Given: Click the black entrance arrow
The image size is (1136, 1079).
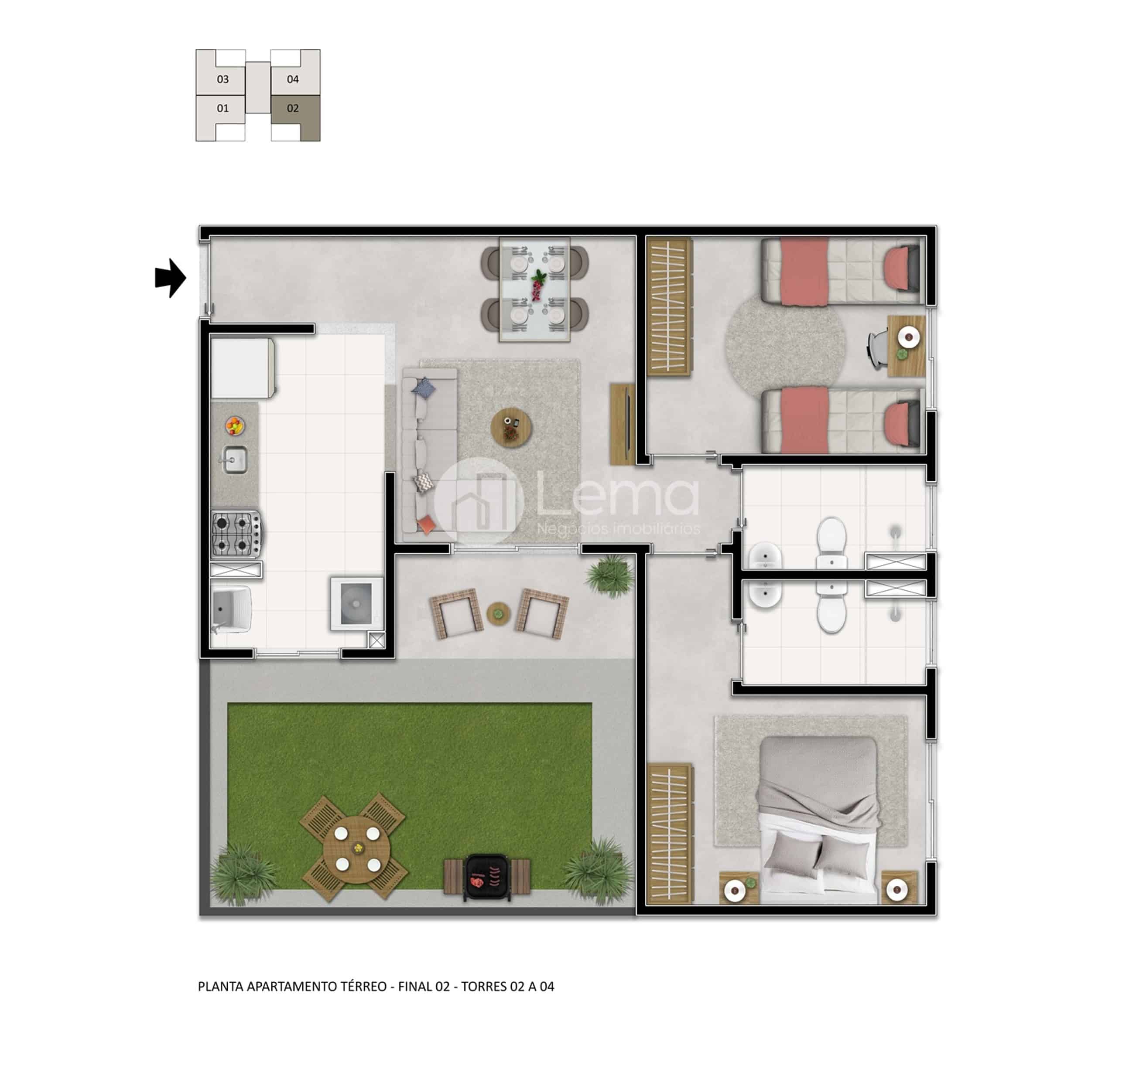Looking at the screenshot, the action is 170,279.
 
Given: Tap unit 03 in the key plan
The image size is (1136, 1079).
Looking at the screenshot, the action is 221,73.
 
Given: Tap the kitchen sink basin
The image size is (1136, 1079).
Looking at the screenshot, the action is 236,460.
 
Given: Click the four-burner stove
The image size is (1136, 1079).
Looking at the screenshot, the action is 236,534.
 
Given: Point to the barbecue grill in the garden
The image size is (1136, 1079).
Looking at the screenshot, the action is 487,877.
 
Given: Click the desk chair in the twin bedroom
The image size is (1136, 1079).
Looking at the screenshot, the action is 878,348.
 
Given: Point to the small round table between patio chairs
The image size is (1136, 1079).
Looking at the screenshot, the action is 498,613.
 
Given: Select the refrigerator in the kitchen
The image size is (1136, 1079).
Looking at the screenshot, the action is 242,368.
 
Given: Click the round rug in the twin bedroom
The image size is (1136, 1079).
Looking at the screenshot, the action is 785,346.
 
